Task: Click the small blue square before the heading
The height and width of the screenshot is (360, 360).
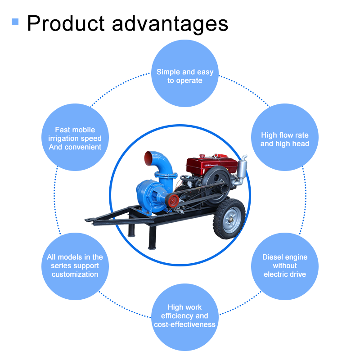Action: pos(15,22)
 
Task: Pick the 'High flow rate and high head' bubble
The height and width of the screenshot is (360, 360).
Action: pos(285,139)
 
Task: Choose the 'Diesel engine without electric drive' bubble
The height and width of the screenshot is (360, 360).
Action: pos(285,265)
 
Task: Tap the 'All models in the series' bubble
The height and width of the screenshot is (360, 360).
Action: pos(75,265)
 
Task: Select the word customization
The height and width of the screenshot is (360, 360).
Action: pos(75,274)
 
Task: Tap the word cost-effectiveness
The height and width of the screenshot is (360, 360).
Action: pos(184,324)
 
